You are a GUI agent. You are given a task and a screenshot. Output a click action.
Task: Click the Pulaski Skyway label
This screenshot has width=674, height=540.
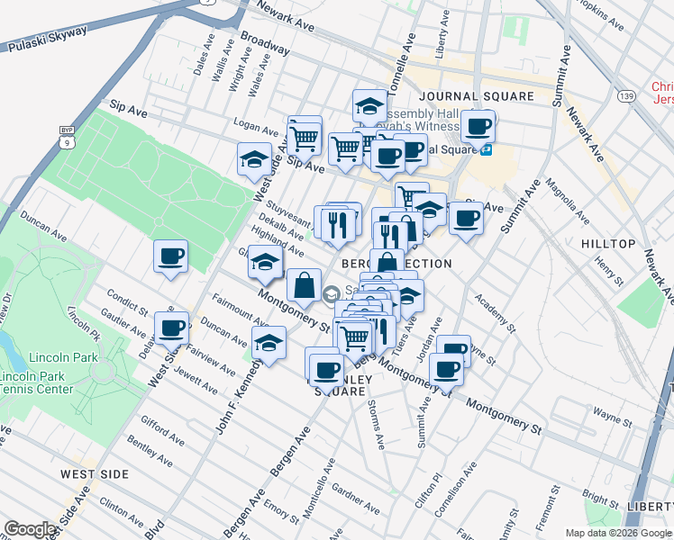[x=48, y=38]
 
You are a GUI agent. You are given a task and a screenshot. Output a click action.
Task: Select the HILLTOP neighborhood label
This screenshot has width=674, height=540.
[x=608, y=244]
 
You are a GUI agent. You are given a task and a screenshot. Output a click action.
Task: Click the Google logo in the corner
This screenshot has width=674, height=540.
[x=31, y=529]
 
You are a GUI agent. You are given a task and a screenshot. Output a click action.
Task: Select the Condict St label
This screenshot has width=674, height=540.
[x=127, y=302]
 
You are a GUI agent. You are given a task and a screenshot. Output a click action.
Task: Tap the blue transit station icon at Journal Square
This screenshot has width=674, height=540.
[x=486, y=149]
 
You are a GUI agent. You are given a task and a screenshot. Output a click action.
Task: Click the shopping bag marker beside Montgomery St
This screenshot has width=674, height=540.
[x=305, y=285]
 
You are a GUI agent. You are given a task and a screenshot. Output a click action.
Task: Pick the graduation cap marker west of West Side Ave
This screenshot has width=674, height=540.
[x=255, y=160]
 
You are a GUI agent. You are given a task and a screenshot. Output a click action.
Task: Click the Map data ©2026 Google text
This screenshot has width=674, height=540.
[x=618, y=533]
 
